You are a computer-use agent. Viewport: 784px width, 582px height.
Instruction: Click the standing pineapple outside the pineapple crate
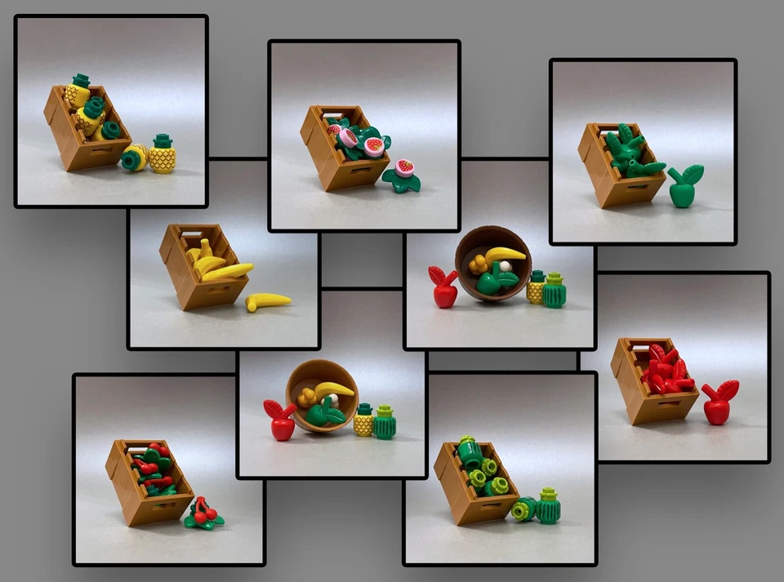(x=163, y=158)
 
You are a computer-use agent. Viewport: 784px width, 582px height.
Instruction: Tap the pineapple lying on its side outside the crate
(x=135, y=157)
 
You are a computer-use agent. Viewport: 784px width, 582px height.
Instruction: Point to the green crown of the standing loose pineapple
(x=163, y=141)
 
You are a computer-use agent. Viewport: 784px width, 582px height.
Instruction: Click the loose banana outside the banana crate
(x=269, y=302)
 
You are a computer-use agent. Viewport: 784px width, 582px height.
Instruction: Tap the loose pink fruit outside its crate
(x=403, y=174)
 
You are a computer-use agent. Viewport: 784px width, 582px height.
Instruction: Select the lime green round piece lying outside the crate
(x=523, y=510)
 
